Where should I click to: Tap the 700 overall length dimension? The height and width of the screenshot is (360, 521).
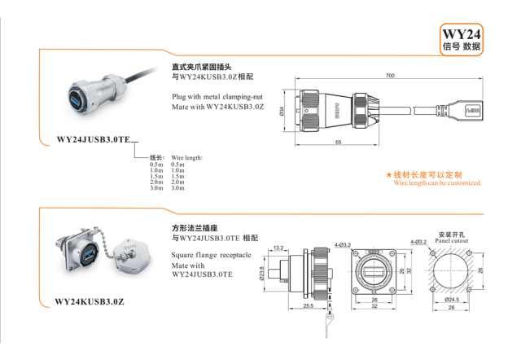coord(390,75)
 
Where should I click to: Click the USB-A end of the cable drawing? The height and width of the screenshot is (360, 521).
coord(472,107)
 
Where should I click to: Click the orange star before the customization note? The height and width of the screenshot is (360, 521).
coord(389,175)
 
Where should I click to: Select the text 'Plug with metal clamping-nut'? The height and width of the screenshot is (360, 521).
coord(217,97)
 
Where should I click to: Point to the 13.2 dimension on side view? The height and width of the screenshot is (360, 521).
coord(279,247)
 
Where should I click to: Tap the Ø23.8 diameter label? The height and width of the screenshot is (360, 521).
coord(261,271)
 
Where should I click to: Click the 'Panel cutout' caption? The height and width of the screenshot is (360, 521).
coord(452,241)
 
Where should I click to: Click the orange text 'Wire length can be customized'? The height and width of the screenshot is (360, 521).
coord(437,183)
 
